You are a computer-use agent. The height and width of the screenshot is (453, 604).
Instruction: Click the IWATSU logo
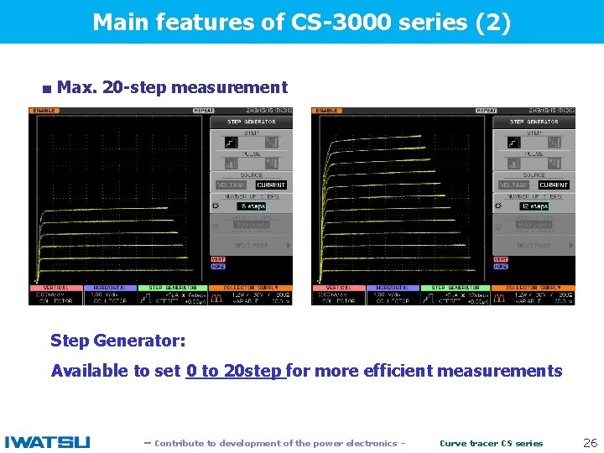[47, 442]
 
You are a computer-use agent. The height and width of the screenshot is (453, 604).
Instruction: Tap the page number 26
[590, 442]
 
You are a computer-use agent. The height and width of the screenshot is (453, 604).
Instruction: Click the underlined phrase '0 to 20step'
[236, 371]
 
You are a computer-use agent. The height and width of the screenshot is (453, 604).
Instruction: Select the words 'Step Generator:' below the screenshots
[117, 341]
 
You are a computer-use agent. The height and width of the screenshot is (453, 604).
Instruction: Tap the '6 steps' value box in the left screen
[252, 206]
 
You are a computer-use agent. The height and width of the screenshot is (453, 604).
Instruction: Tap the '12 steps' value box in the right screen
[534, 206]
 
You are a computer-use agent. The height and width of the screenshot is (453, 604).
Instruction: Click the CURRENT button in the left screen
[271, 185]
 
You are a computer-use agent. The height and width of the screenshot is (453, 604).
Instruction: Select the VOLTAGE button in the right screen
[513, 185]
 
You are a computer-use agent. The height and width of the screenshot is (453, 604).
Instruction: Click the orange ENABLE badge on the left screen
[44, 111]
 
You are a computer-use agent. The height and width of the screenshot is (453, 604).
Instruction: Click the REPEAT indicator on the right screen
[486, 111]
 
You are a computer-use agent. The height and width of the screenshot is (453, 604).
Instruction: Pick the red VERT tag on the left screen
[218, 259]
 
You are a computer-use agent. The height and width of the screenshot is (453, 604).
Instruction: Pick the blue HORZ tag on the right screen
[501, 267]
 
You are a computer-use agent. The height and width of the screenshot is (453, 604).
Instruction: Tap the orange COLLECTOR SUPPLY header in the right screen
[544, 288]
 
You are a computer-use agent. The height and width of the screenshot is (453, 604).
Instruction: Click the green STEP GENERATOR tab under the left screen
[173, 288]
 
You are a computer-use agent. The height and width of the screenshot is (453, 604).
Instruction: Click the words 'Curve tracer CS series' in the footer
[492, 443]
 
